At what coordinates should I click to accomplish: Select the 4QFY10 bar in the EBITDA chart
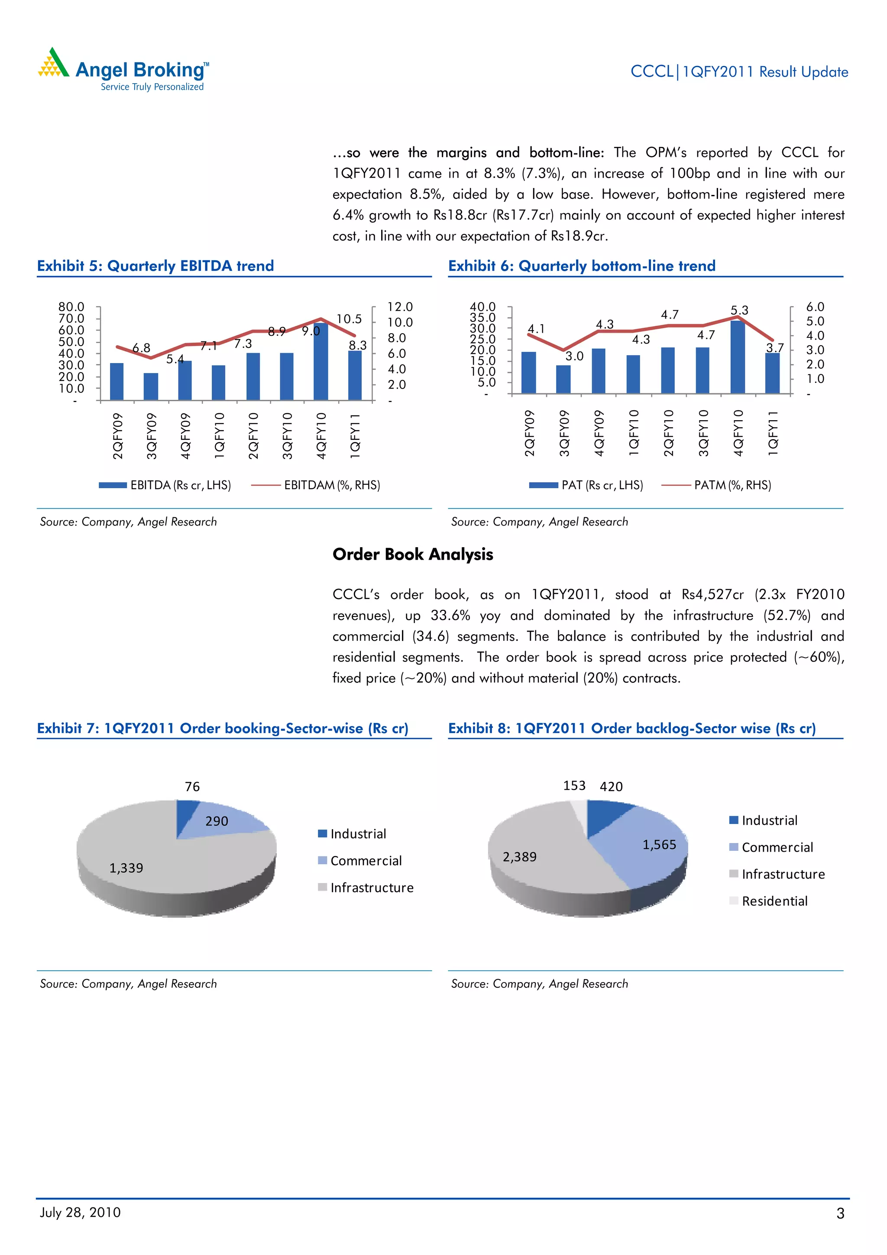click(x=321, y=362)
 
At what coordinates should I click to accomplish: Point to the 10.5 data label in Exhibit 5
click(x=349, y=319)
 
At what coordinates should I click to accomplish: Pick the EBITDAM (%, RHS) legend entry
click(x=315, y=485)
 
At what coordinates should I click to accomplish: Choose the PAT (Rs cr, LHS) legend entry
click(x=586, y=485)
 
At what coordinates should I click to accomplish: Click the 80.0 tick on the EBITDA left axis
click(x=71, y=307)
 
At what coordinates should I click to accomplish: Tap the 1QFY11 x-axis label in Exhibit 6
click(x=773, y=433)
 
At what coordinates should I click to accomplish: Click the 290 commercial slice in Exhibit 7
click(x=217, y=821)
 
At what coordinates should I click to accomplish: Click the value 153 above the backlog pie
click(x=574, y=785)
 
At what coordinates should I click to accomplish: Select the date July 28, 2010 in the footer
click(x=80, y=1213)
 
